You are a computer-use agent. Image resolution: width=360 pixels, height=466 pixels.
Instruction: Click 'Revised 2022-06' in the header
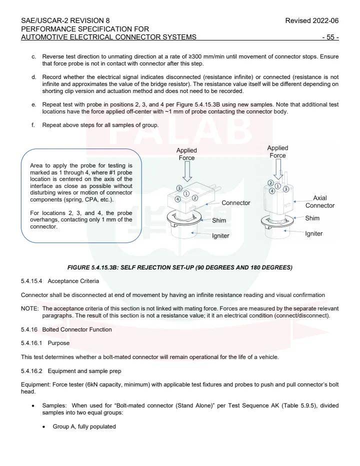[x=311, y=21]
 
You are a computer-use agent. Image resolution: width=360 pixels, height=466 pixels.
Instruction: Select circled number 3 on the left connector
[x=179, y=188]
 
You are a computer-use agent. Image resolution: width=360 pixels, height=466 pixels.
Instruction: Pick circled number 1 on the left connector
[x=186, y=193]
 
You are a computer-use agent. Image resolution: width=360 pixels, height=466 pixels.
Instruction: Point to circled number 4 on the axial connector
[x=272, y=190]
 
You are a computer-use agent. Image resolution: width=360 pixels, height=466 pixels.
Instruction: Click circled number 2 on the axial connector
[x=270, y=183]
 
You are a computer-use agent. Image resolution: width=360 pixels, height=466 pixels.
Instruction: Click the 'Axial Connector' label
[x=319, y=202]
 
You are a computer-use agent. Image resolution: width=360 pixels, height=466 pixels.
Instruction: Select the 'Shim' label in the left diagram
[x=218, y=220]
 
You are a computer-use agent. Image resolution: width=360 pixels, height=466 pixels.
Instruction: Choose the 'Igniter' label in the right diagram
[x=313, y=233]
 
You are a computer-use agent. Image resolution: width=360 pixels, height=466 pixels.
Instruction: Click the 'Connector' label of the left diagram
[x=235, y=203]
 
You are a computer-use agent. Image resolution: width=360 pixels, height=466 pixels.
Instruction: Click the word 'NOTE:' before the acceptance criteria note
[x=29, y=308]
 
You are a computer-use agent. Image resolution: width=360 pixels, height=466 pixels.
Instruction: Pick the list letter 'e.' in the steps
[x=33, y=104]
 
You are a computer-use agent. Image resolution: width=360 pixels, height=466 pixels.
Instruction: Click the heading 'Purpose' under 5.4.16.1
[x=58, y=343]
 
